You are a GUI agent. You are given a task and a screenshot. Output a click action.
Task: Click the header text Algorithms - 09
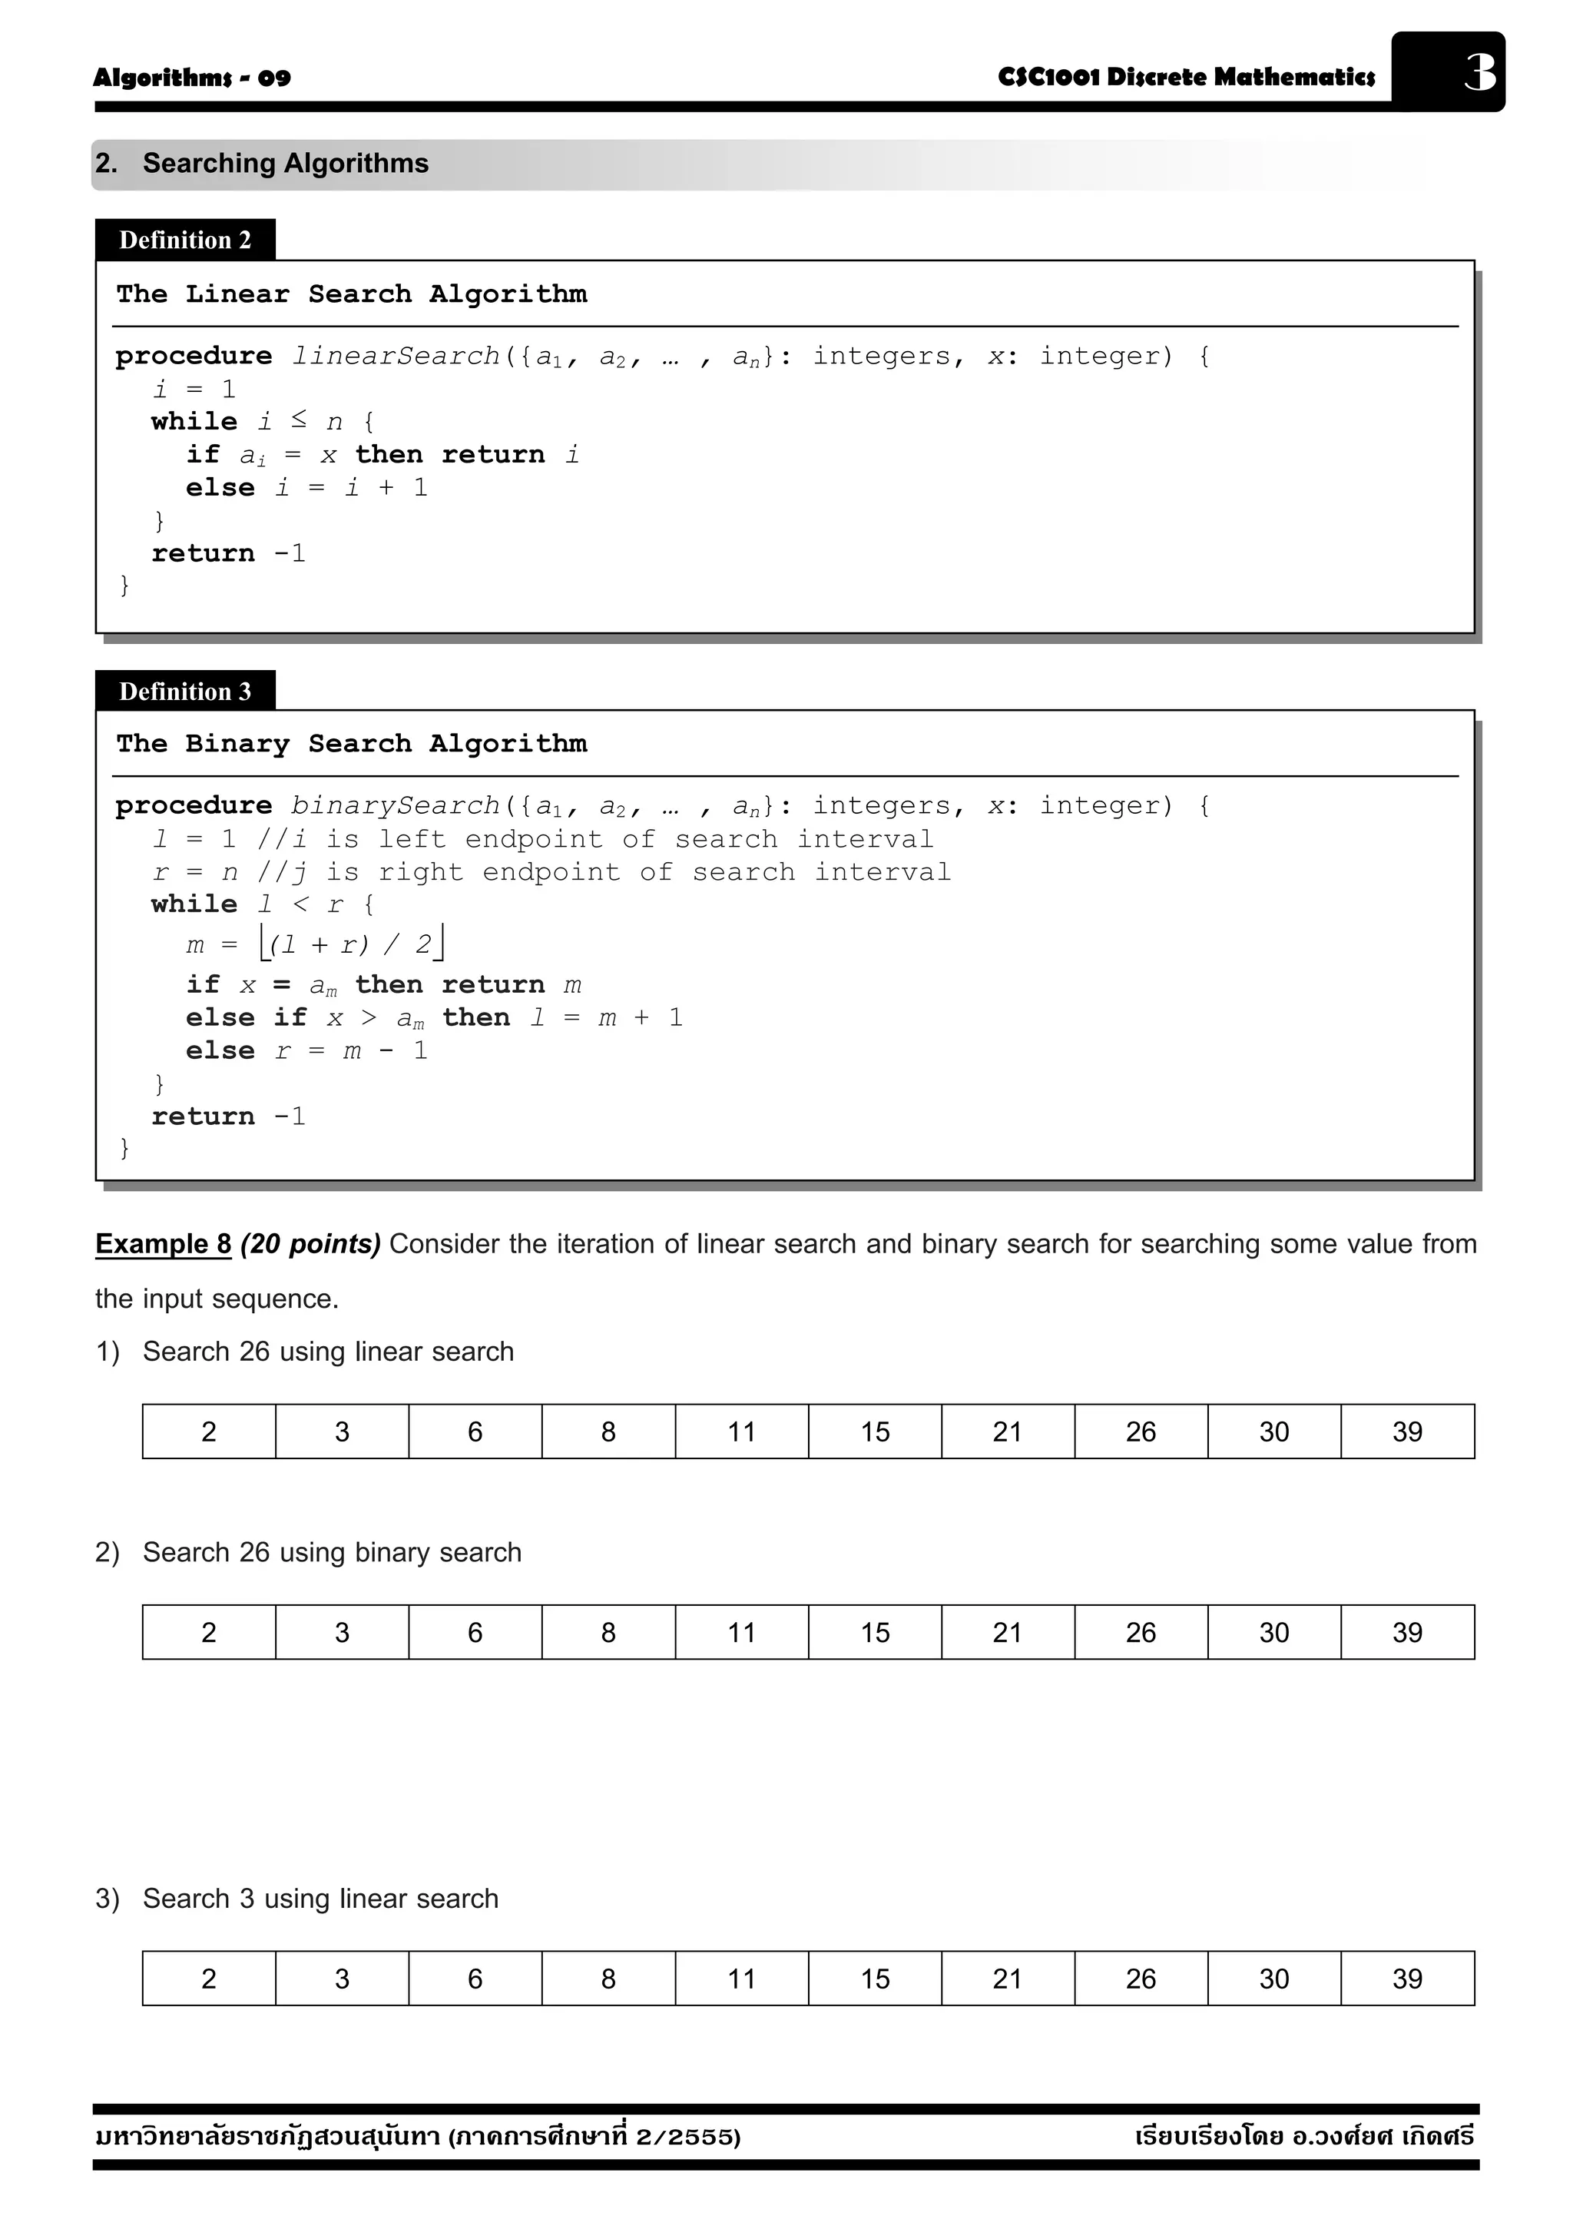[192, 78]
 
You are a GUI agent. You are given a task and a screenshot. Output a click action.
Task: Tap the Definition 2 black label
[185, 240]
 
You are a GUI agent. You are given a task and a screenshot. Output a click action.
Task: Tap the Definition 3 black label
[185, 692]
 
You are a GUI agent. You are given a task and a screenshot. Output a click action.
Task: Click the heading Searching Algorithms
[285, 163]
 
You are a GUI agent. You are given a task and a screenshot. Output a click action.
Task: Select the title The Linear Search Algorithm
[352, 294]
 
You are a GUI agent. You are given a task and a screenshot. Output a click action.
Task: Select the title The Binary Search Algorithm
[352, 744]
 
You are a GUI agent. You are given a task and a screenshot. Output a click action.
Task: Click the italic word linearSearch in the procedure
[396, 356]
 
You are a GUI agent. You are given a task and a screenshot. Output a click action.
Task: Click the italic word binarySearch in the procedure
[396, 806]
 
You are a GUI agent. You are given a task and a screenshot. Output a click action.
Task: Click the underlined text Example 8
[163, 1244]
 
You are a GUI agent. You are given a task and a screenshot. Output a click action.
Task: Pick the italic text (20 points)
[310, 1244]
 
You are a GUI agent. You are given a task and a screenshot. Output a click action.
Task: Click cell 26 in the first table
[1141, 1432]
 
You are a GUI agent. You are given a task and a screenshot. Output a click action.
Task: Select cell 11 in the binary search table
[741, 1633]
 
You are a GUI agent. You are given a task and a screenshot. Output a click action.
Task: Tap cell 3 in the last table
[342, 1979]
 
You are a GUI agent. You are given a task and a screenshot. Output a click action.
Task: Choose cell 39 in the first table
[1407, 1432]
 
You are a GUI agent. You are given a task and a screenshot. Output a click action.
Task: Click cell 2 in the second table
[208, 1633]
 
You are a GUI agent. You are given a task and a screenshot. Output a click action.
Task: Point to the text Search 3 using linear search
[320, 1899]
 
